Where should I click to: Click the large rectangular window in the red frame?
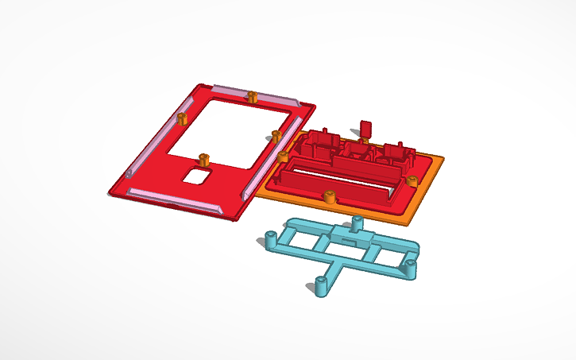pos(228,127)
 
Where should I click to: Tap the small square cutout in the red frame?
pos(196,174)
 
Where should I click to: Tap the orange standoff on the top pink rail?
pos(252,97)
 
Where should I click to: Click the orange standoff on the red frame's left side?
pos(181,119)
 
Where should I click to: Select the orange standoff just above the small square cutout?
pos(203,157)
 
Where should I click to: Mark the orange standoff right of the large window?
pos(276,135)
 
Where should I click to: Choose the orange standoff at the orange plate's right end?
pos(411,180)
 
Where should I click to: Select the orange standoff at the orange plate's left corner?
pos(282,156)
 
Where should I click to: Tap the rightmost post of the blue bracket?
pos(411,265)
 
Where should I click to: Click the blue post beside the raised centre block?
pos(357,223)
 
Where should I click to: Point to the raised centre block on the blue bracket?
pos(350,236)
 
